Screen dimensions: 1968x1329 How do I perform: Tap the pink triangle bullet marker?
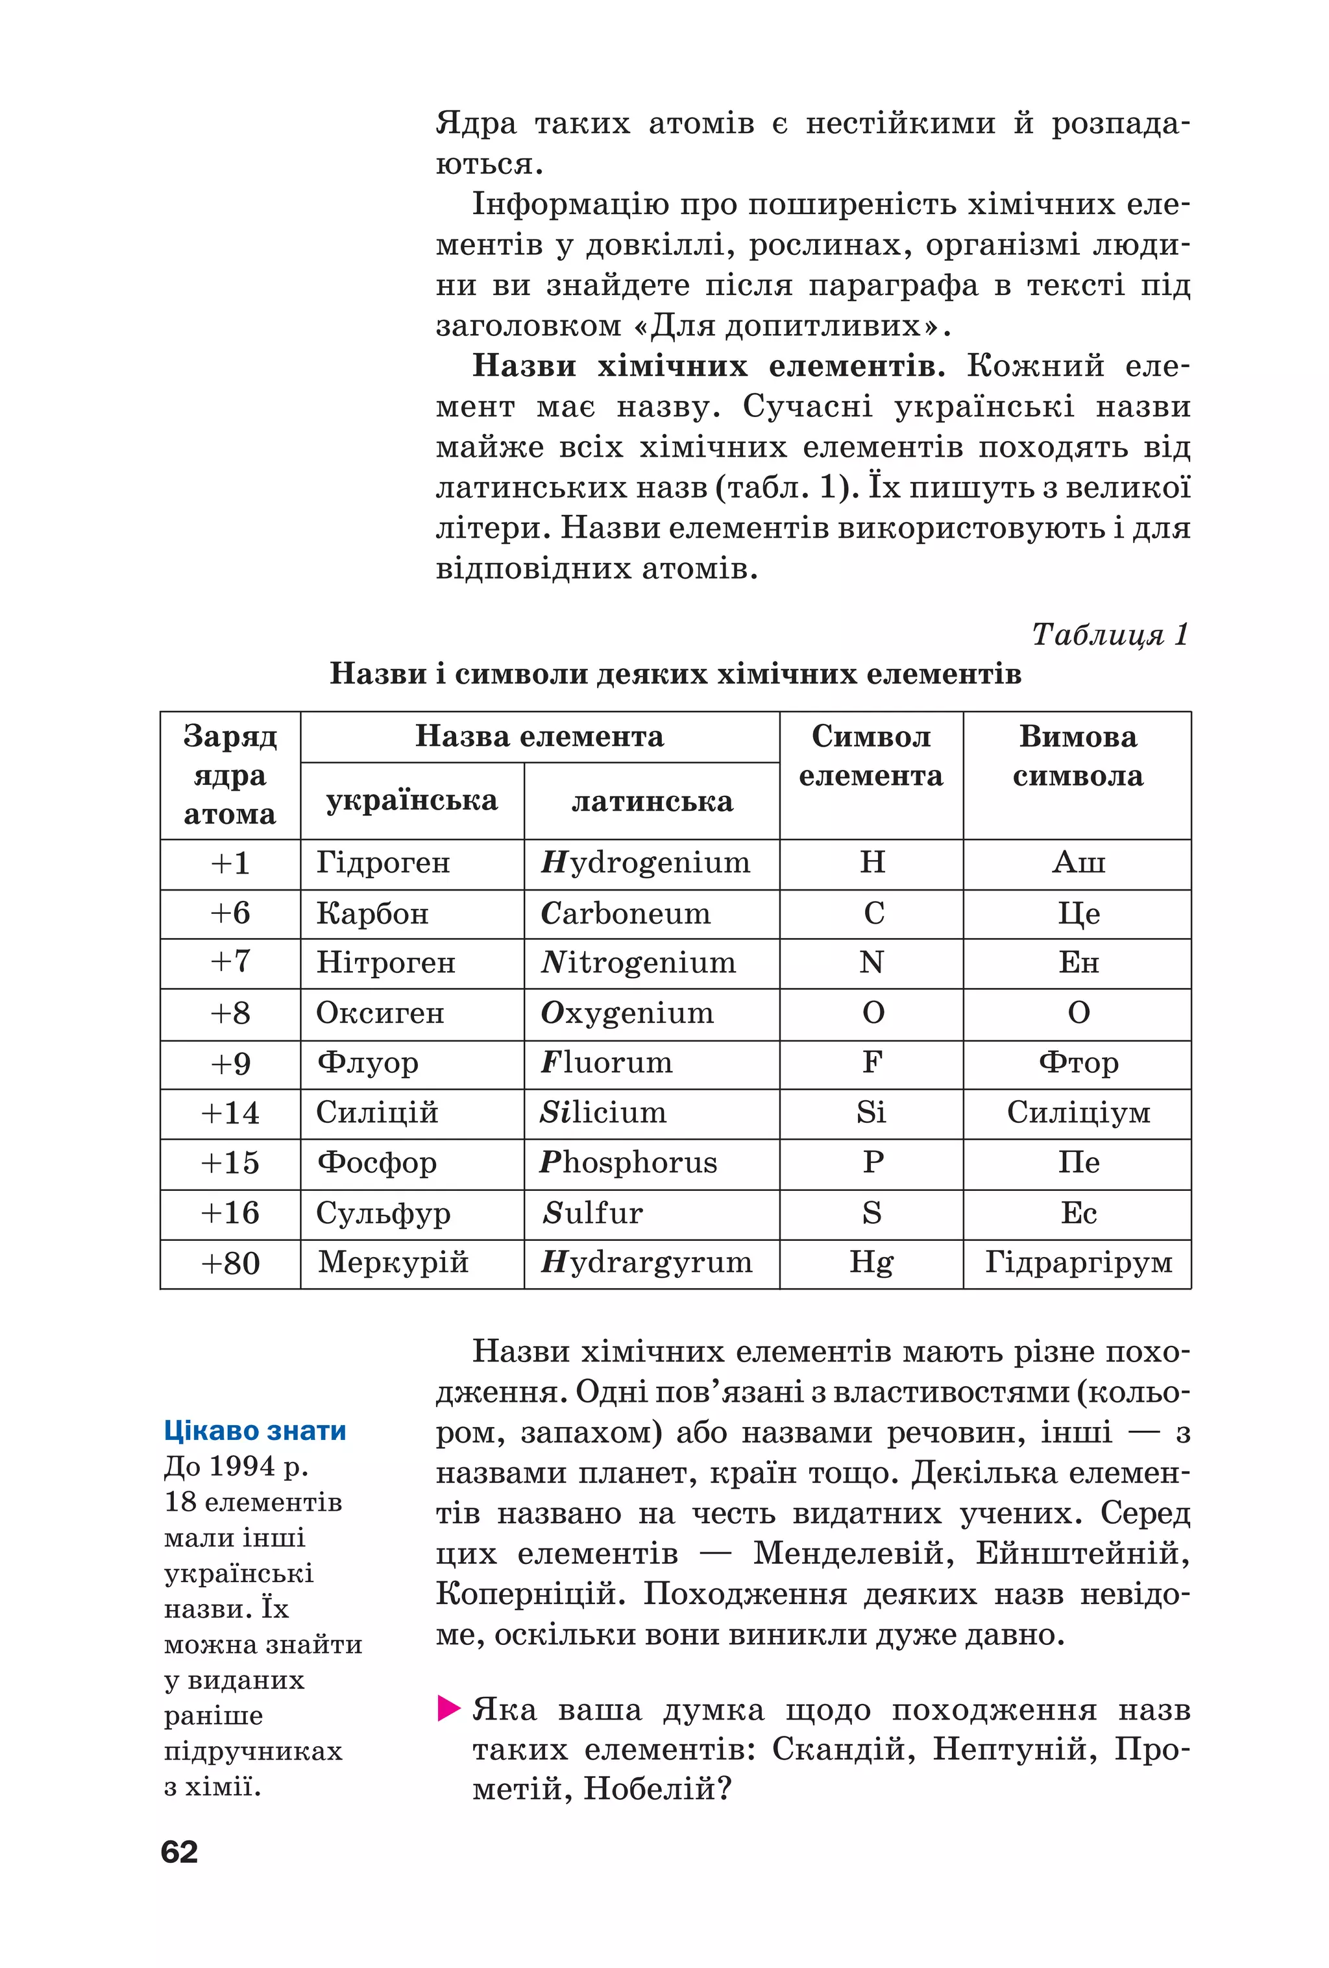(448, 1708)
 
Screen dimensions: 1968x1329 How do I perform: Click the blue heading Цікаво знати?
(255, 1430)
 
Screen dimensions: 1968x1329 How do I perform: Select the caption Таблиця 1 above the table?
(1110, 634)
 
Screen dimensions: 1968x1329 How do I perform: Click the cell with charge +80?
(230, 1264)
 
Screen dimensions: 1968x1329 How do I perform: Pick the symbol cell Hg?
(871, 1263)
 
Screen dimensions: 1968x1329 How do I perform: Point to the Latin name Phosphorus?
(629, 1162)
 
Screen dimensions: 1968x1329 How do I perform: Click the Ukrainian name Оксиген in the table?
(380, 1013)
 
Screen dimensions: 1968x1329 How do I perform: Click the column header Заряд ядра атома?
(230, 775)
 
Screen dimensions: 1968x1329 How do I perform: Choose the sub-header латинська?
(652, 801)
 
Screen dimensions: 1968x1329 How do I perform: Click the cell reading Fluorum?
(607, 1062)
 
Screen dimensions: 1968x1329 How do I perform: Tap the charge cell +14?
(230, 1112)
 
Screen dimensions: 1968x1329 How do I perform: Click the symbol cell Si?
(871, 1112)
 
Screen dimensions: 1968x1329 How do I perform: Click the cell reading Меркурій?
(393, 1263)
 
